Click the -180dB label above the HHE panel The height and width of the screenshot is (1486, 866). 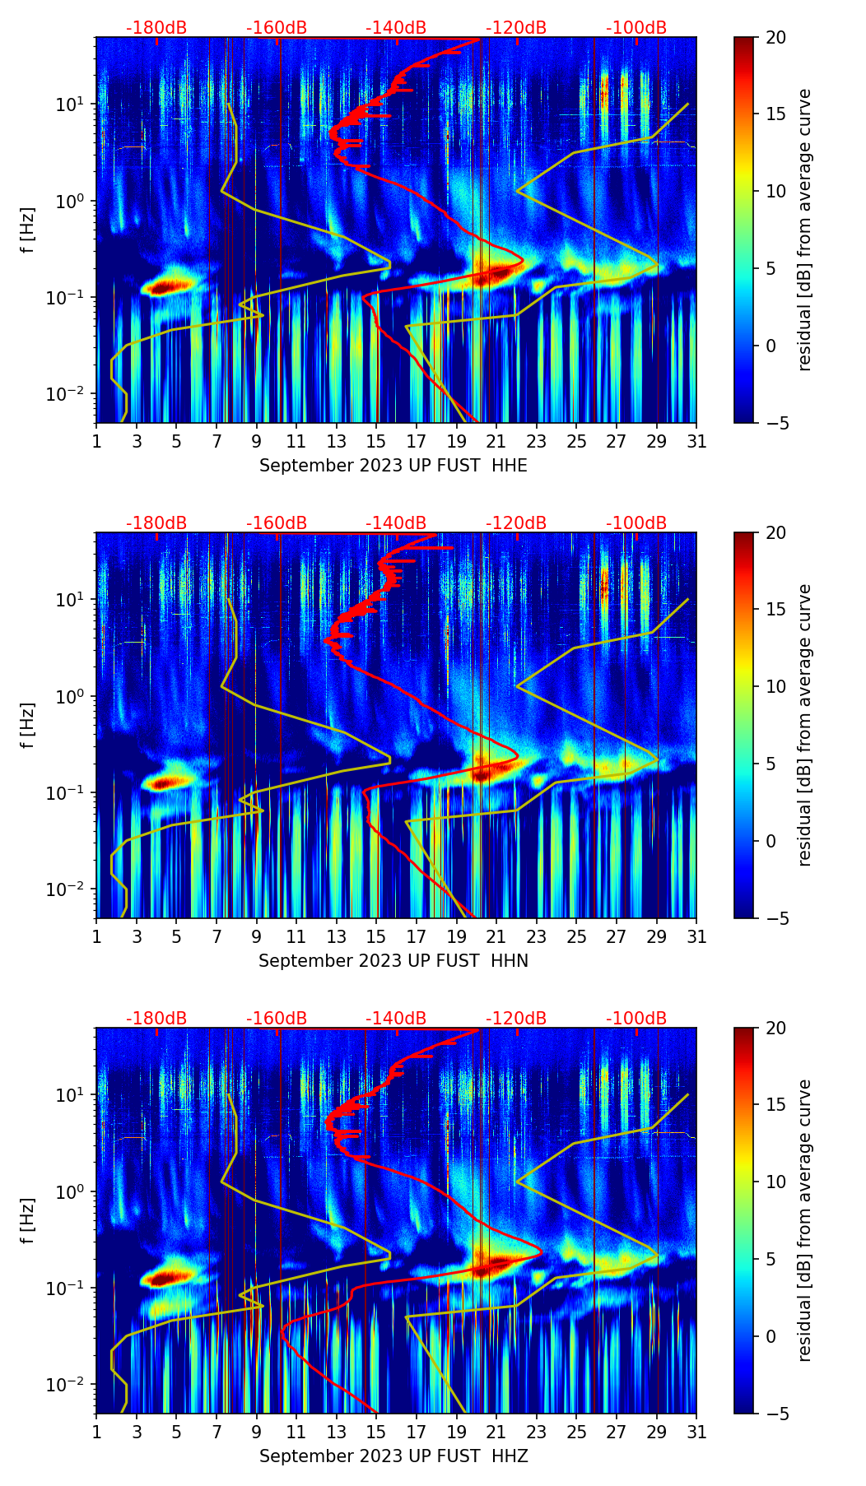click(156, 28)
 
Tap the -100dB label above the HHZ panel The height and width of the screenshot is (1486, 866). click(636, 1019)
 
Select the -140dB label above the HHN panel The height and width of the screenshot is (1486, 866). click(396, 523)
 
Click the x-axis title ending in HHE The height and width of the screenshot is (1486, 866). click(393, 466)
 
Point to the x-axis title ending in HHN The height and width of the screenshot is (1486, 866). click(393, 961)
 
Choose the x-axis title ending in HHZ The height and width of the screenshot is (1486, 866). click(393, 1456)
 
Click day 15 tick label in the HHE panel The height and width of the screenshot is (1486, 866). click(376, 441)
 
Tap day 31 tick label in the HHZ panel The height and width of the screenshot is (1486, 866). click(696, 1432)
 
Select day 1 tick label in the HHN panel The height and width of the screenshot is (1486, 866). click(97, 936)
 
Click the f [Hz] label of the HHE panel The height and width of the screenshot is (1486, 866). click(28, 230)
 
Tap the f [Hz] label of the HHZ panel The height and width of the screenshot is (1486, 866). click(28, 1221)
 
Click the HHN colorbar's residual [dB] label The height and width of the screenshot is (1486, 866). click(805, 725)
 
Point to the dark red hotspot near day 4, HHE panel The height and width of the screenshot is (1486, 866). click(165, 286)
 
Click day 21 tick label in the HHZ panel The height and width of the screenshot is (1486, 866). click(496, 1432)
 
